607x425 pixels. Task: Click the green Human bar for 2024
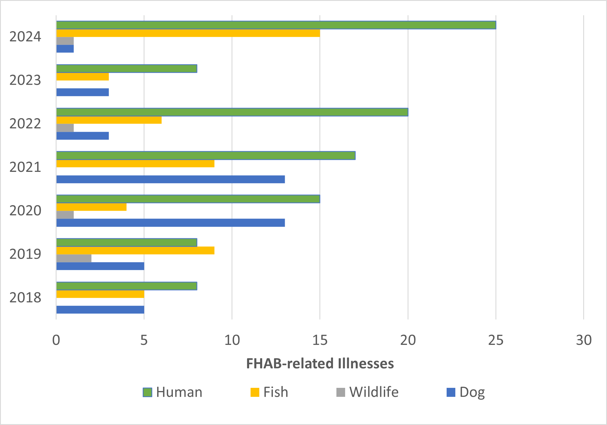point(276,25)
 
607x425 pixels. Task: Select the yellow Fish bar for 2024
point(188,33)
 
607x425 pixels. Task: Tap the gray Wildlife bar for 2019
point(74,258)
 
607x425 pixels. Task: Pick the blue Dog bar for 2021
point(171,179)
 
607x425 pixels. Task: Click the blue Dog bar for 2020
point(171,223)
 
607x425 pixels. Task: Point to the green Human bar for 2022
point(232,112)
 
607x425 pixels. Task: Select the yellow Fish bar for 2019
point(135,251)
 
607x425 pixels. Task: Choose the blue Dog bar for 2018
point(100,310)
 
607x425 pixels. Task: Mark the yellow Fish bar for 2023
point(83,77)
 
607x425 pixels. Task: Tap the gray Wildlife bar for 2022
point(65,128)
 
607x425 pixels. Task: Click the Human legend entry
point(173,392)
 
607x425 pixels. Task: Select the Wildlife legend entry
point(368,392)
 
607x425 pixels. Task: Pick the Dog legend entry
point(466,392)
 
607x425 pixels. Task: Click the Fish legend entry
point(269,392)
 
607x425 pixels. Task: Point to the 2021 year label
point(25,167)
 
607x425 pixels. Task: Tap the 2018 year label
point(25,298)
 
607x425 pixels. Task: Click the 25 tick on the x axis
point(496,340)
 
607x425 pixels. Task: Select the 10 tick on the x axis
point(232,340)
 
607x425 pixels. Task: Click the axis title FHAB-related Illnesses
point(320,363)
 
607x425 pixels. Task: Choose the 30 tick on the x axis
point(584,340)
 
